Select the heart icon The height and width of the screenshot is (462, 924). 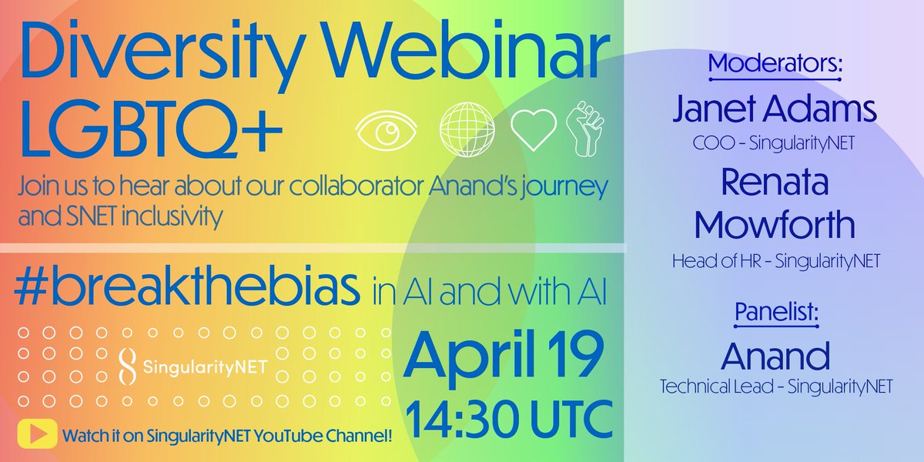(534, 130)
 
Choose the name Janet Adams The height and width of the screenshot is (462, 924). (775, 111)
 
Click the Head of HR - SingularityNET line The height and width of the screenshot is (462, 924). (776, 262)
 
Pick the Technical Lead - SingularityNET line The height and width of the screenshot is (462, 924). (776, 387)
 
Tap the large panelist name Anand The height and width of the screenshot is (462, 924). (776, 357)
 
